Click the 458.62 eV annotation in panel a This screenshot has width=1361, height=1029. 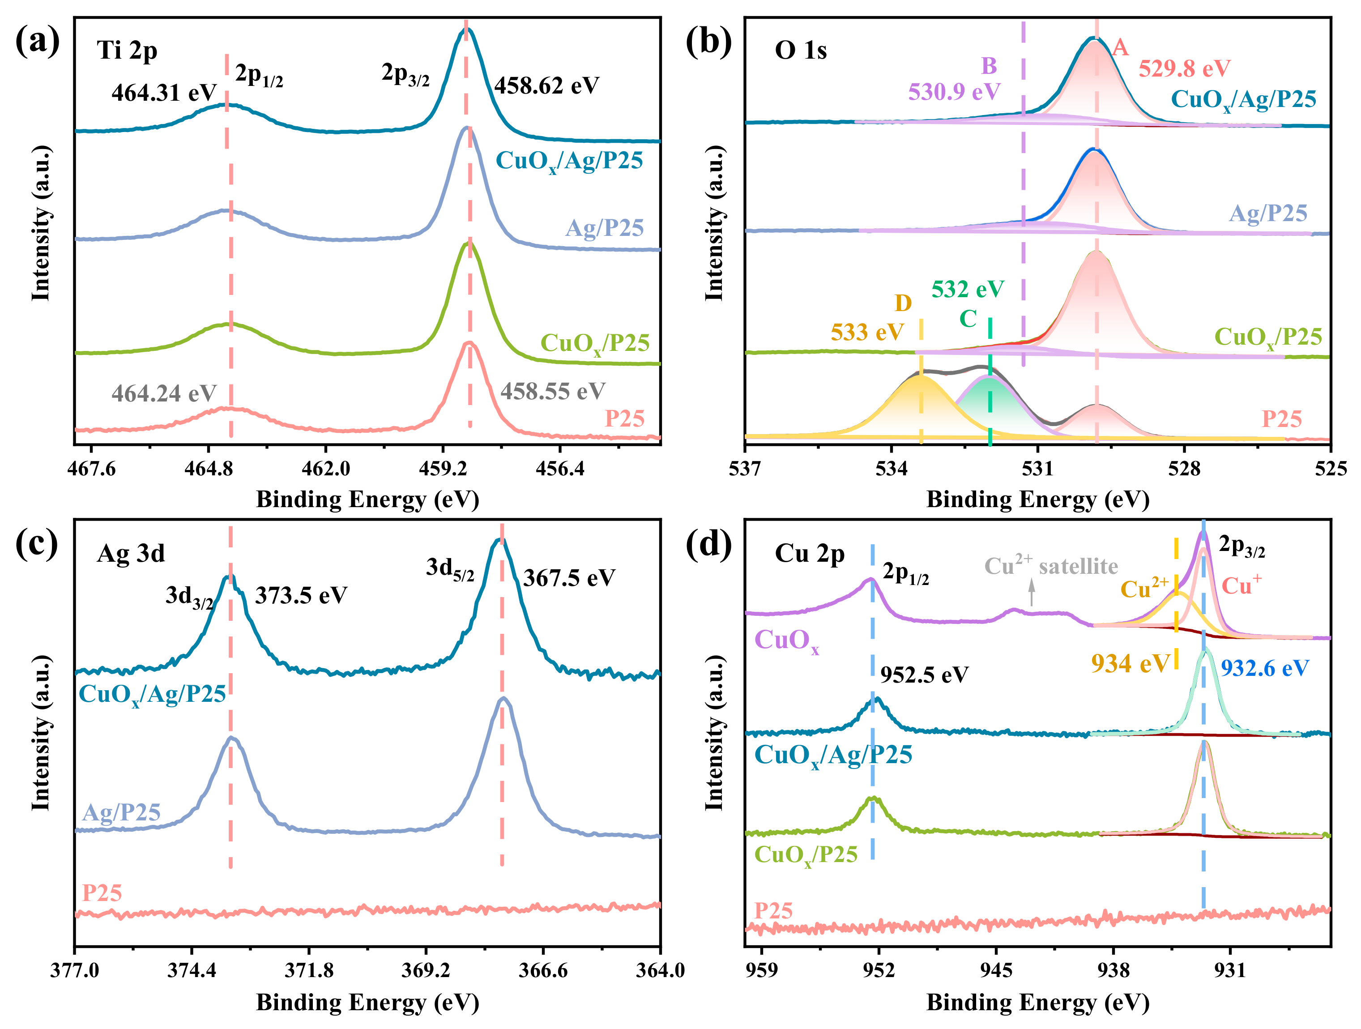click(x=546, y=85)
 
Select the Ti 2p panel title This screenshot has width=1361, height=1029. click(x=127, y=50)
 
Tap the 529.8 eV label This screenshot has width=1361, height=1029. click(x=1184, y=68)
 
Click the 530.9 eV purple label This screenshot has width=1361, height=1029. click(x=954, y=92)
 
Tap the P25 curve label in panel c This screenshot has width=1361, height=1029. click(x=102, y=892)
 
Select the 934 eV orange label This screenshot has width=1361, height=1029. click(x=1130, y=663)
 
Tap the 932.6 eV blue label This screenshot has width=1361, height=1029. click(x=1264, y=668)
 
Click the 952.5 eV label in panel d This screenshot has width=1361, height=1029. click(x=924, y=675)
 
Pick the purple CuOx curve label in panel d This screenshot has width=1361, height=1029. click(x=786, y=640)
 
